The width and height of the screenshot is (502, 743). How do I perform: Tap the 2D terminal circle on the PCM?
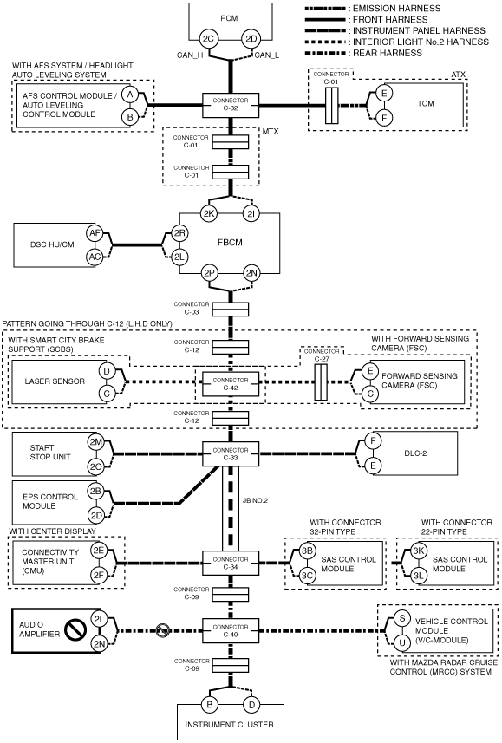click(251, 39)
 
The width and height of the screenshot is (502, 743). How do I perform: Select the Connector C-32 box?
click(231, 104)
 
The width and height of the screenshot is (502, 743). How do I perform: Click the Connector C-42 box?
click(231, 384)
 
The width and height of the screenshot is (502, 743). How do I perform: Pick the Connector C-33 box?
click(231, 454)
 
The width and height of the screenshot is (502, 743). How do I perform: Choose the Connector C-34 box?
click(231, 563)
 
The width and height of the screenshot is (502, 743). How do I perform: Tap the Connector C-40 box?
click(231, 630)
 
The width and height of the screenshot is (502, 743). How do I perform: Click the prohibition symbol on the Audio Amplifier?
click(75, 630)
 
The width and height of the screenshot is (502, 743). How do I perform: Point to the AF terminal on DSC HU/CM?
click(95, 232)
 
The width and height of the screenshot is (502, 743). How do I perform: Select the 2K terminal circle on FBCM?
click(209, 213)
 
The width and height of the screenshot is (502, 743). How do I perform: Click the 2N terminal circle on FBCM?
click(251, 273)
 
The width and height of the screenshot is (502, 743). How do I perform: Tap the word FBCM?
click(230, 242)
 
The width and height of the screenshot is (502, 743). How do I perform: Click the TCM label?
click(425, 103)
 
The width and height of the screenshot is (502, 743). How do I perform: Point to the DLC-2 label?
click(415, 453)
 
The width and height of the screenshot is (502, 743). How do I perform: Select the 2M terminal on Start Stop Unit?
click(95, 442)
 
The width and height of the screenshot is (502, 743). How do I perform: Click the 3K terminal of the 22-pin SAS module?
click(418, 551)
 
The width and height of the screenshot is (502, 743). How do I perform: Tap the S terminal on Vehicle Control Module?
click(402, 618)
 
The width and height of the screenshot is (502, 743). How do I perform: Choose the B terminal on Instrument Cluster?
click(210, 705)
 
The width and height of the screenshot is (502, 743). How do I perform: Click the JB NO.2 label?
click(255, 500)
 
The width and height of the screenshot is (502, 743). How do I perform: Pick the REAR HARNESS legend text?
click(388, 53)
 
